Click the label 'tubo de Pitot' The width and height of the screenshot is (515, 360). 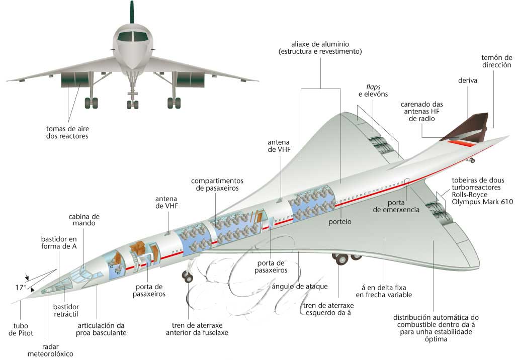[x=19, y=329]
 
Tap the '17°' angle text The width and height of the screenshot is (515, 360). [x=20, y=288]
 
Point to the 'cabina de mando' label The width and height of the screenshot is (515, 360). [x=82, y=220]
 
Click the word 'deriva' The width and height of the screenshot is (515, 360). [x=468, y=80]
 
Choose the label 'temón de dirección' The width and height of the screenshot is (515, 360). [x=496, y=61]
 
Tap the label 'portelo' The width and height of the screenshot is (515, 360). [x=340, y=221]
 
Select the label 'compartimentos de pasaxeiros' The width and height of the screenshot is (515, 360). [x=217, y=184]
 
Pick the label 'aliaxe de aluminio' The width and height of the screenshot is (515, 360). [x=320, y=47]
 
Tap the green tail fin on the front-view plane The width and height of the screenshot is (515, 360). [x=132, y=12]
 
